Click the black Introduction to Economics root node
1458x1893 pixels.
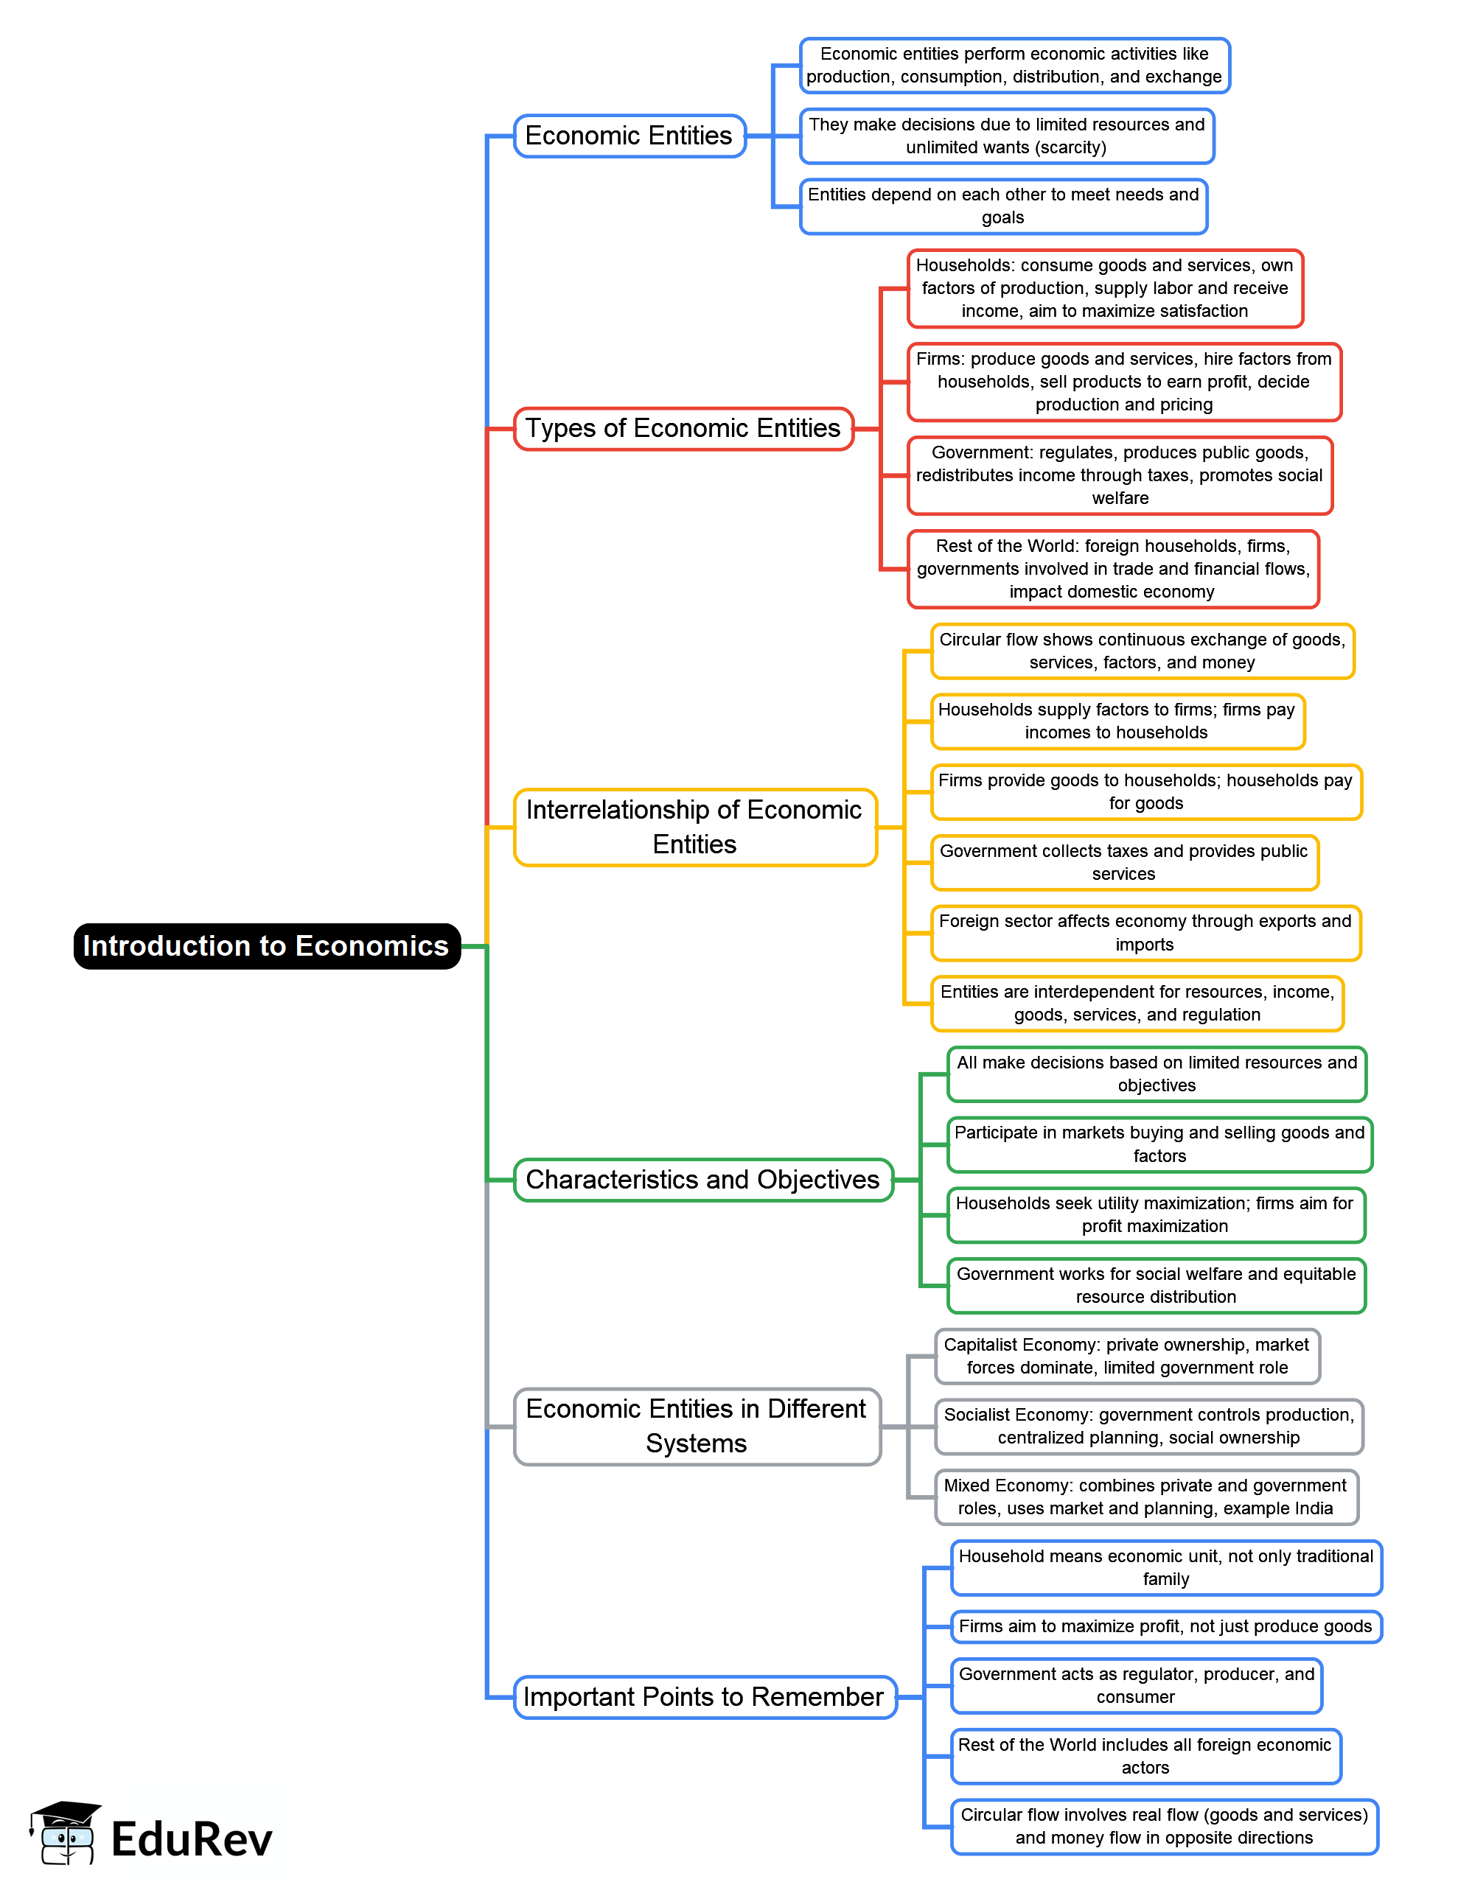(266, 945)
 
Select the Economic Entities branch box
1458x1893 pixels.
(629, 136)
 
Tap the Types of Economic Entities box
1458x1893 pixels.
(683, 428)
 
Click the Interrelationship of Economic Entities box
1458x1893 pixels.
(694, 827)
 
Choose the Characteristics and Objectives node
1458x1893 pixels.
(702, 1180)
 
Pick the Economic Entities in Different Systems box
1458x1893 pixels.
(696, 1426)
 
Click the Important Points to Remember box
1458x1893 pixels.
(704, 1696)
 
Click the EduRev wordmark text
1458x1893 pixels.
(192, 1839)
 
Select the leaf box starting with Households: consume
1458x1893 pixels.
(1104, 288)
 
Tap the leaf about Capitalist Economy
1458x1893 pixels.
(1126, 1356)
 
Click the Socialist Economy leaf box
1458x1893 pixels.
(1148, 1426)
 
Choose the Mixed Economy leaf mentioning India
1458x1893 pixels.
(1145, 1497)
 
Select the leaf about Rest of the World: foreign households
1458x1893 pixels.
(1112, 569)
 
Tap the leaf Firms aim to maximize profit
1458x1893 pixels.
(1165, 1626)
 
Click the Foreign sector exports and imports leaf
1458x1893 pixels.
(1145, 933)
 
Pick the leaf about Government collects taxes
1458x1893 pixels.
(1123, 862)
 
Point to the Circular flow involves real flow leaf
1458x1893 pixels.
(1164, 1826)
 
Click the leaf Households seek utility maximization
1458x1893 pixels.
(1154, 1214)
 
